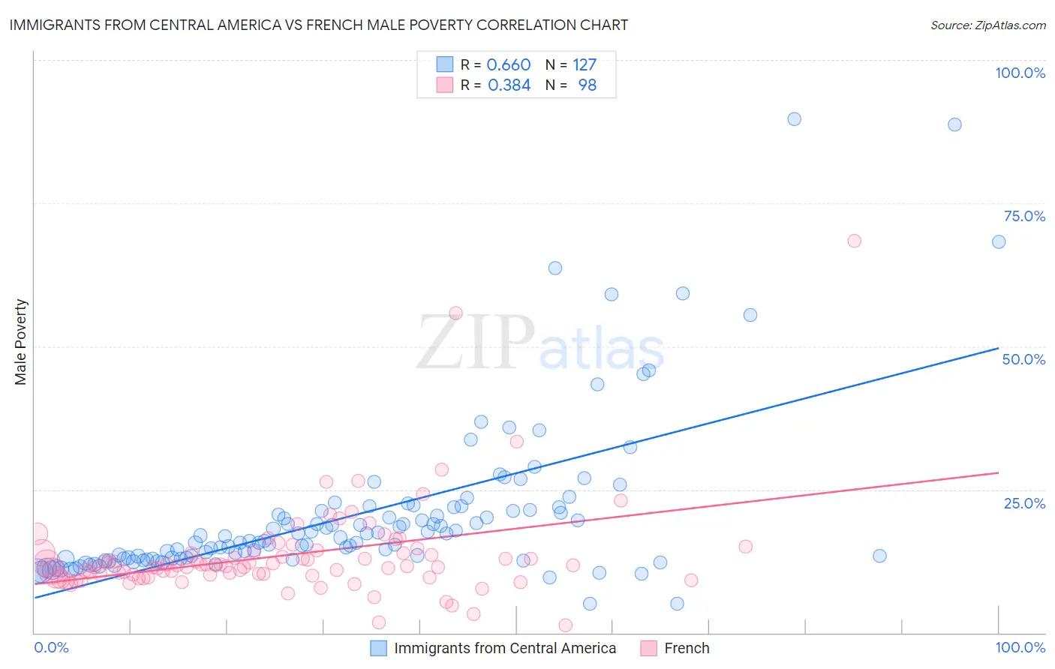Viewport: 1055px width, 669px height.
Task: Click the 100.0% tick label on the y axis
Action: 1020,73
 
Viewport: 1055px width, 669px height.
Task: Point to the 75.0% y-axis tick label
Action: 1024,216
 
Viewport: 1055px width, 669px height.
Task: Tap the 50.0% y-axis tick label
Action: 1023,359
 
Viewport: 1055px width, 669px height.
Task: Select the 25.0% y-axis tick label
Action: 1024,503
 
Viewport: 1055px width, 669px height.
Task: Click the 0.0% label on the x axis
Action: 51,647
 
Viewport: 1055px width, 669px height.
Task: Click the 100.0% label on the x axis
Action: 1020,647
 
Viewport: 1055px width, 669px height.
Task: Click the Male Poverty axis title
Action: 21,342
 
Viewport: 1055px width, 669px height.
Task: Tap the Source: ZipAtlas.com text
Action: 987,25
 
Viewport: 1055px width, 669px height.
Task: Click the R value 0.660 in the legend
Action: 509,65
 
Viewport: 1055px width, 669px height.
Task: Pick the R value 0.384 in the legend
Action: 509,85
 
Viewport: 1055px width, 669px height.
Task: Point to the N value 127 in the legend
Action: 585,65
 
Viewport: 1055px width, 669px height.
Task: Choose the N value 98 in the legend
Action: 587,85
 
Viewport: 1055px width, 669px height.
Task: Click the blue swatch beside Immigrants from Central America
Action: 379,648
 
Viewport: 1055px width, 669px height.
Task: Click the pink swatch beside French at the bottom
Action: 649,648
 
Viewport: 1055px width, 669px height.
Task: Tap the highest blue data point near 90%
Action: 794,119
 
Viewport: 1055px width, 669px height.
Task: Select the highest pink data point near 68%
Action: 854,241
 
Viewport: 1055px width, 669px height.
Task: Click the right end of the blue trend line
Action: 998,348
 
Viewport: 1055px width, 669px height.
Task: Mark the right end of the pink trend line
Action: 998,472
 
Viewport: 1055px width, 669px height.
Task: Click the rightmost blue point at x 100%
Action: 999,241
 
